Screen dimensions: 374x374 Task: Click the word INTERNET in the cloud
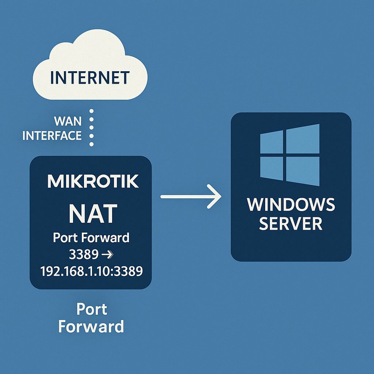pos(90,77)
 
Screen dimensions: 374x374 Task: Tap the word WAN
pos(68,121)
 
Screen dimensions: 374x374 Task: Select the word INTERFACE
pos(52,136)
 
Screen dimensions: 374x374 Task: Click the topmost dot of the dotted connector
pos(91,111)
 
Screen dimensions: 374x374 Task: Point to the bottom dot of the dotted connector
pos(91,144)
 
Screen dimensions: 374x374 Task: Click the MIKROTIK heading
pos(93,181)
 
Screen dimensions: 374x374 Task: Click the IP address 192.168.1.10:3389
pos(92,271)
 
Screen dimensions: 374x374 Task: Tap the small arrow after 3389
pos(107,255)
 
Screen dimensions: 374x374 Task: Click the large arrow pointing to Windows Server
pos(191,196)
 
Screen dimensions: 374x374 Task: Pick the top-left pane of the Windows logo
pos(271,142)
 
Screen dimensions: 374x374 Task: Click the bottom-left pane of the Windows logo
pos(271,168)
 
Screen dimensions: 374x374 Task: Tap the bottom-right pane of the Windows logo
pos(303,171)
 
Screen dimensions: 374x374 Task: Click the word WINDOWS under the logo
pos(291,205)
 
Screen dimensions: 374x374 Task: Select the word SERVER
pos(291,224)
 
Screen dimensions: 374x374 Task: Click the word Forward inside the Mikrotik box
pos(105,237)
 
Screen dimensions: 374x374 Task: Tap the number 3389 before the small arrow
pos(84,254)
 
